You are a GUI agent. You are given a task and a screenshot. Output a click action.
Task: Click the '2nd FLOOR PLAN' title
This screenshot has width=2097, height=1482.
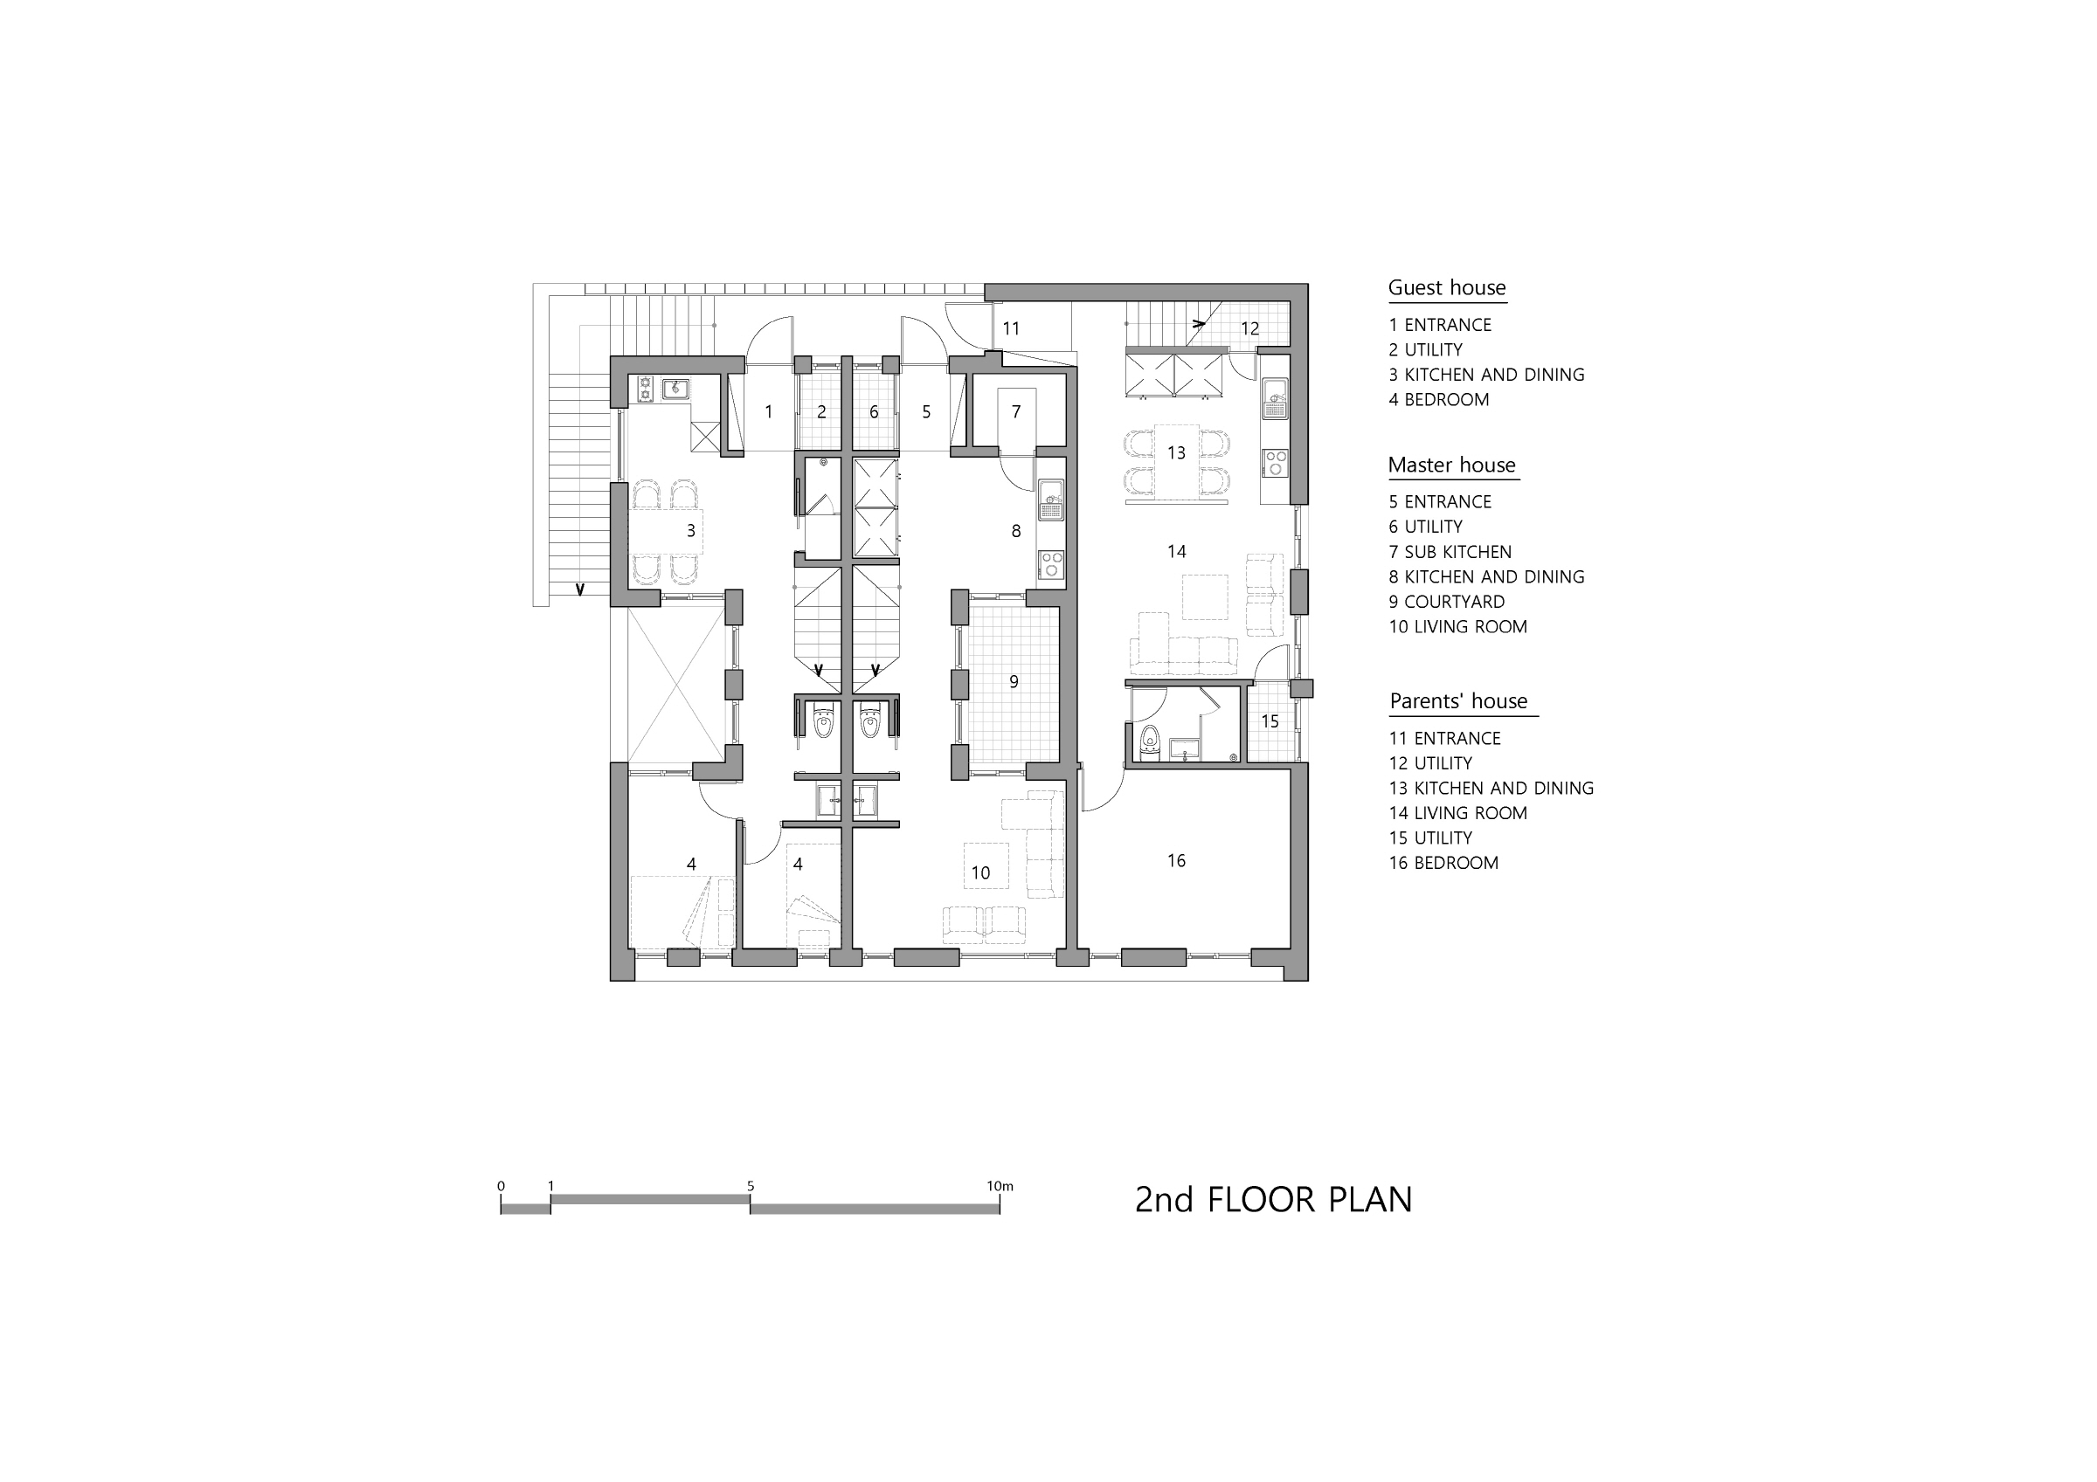click(x=1273, y=1199)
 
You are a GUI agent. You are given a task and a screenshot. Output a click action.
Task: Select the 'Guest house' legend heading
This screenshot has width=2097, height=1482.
click(x=1447, y=287)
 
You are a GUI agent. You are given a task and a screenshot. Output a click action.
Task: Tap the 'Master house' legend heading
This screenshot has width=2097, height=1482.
click(x=1452, y=465)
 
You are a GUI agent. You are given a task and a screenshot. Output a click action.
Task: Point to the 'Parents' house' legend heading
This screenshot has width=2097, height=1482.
click(x=1458, y=701)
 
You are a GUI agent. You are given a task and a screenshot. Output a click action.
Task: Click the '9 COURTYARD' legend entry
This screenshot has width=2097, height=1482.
click(x=1447, y=602)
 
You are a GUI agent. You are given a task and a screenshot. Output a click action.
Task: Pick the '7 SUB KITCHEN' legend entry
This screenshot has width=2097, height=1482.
click(x=1450, y=552)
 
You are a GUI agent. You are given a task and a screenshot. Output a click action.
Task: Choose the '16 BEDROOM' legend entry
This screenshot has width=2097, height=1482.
click(x=1444, y=863)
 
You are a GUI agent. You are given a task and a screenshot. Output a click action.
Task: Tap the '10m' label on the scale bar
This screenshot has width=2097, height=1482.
click(x=1000, y=1186)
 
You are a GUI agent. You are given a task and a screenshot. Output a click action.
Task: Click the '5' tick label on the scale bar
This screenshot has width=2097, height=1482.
click(x=751, y=1186)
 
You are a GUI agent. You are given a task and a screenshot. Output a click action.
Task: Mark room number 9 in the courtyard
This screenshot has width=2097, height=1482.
click(x=1014, y=681)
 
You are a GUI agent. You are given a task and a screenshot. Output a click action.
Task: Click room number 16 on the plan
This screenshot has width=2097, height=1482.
click(x=1176, y=860)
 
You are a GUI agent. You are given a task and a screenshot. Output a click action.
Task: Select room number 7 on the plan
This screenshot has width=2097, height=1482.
click(x=1015, y=412)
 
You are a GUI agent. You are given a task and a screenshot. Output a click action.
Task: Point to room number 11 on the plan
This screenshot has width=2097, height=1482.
click(x=1011, y=328)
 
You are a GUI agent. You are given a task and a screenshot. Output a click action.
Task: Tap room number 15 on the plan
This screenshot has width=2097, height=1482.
click(x=1270, y=721)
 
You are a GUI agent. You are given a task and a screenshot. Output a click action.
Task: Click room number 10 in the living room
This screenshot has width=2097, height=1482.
click(x=981, y=873)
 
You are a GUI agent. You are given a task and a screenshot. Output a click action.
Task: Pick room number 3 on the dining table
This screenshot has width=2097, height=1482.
click(x=690, y=530)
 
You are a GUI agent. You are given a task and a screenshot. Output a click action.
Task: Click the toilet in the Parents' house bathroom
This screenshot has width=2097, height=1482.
click(x=1150, y=743)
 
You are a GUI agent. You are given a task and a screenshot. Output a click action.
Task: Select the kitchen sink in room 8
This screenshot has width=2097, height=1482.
click(x=1051, y=500)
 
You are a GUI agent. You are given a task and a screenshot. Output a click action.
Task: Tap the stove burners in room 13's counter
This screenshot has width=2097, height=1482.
click(x=1275, y=463)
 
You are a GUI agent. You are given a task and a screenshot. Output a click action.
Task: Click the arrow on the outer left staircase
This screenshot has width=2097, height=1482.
click(x=579, y=589)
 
